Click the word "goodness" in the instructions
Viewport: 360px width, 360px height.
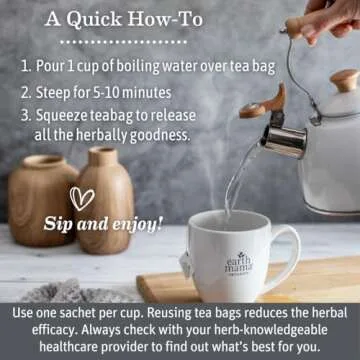161,134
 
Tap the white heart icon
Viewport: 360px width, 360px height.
82,198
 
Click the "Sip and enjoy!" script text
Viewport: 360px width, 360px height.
117,223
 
